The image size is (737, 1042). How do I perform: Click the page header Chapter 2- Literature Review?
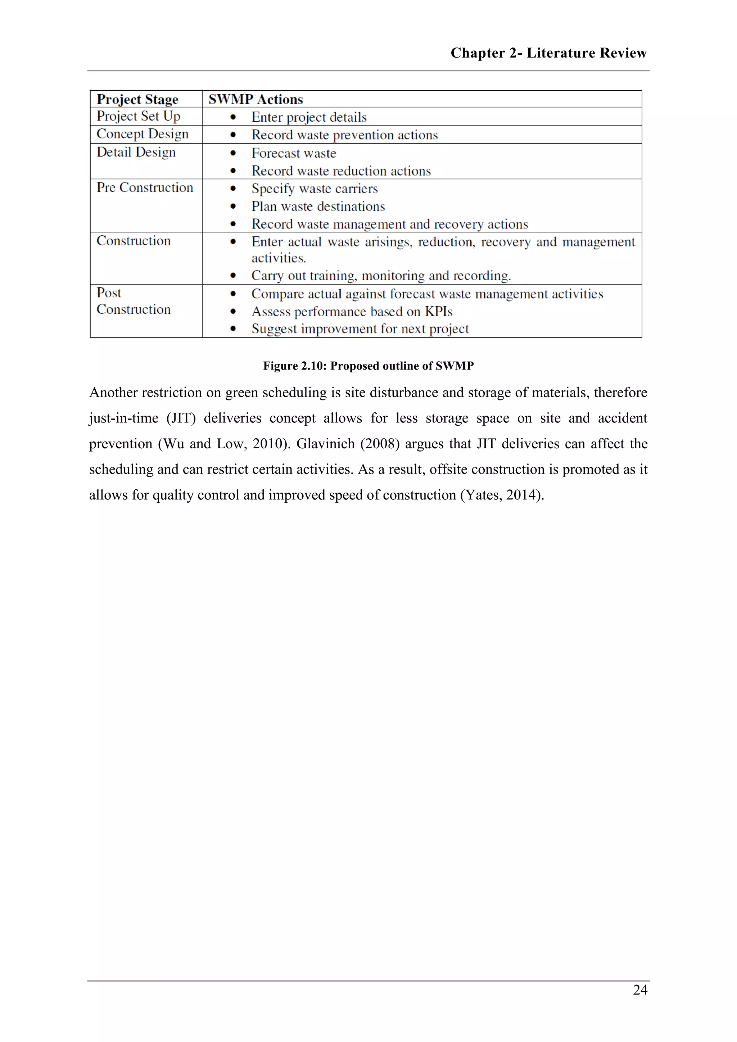point(548,53)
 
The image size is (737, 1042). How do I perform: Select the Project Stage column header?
point(137,99)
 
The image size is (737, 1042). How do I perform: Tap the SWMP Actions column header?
point(256,99)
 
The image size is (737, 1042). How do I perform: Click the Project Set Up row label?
point(139,116)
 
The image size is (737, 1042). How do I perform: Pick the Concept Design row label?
point(143,134)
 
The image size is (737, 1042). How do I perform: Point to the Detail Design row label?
point(136,152)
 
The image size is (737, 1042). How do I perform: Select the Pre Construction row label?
point(145,187)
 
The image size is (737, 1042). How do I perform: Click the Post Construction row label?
point(134,301)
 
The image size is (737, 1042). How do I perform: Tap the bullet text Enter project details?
point(309,117)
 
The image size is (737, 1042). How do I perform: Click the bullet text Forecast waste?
point(294,153)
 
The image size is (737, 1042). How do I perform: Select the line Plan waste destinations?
point(318,207)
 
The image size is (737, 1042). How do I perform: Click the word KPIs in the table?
point(438,312)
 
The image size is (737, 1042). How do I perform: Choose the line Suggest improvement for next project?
point(360,329)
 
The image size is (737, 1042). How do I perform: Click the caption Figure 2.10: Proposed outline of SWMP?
point(368,366)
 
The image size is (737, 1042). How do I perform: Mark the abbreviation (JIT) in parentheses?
point(181,418)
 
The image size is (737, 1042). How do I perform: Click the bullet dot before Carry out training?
point(233,276)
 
